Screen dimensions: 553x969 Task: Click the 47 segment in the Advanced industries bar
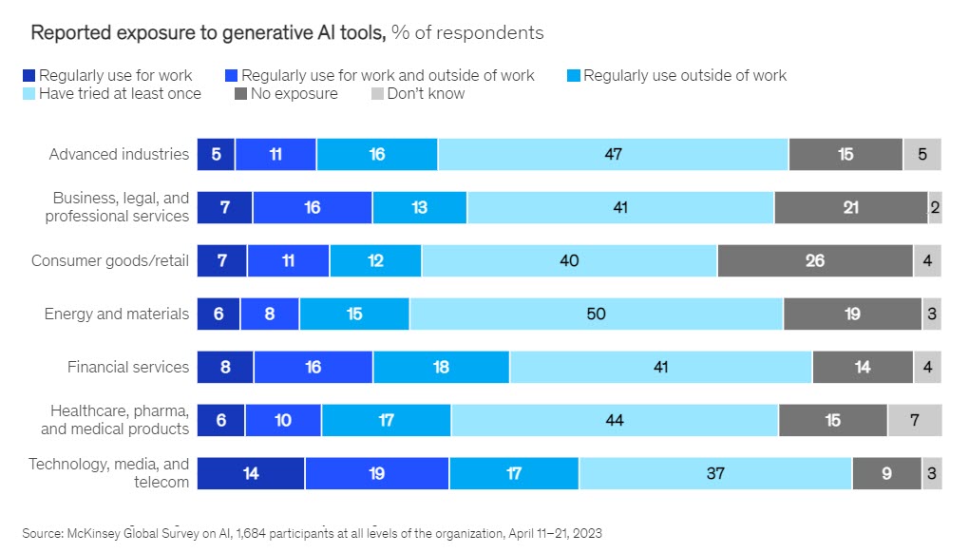click(x=613, y=154)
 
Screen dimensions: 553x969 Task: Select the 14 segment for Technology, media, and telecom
click(x=251, y=473)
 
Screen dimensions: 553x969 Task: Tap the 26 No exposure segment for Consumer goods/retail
click(x=815, y=260)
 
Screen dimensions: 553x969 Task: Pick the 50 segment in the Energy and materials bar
click(x=596, y=314)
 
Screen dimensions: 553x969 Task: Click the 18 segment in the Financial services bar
click(x=441, y=367)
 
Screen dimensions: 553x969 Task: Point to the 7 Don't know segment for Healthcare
click(x=914, y=420)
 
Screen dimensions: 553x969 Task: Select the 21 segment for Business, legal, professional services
click(x=850, y=207)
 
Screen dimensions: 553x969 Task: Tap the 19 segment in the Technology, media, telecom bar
click(x=376, y=473)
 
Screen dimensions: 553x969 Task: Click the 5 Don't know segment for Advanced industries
click(x=921, y=154)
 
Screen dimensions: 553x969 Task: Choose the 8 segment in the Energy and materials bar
click(x=270, y=314)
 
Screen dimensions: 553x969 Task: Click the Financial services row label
click(x=128, y=367)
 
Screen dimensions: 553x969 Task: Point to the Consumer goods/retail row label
click(x=110, y=260)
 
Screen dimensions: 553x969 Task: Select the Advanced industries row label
click(x=119, y=154)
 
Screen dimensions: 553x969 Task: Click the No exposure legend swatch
click(x=241, y=94)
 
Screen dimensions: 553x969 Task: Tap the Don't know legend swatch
click(x=376, y=94)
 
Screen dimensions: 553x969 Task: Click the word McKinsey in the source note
click(x=92, y=533)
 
